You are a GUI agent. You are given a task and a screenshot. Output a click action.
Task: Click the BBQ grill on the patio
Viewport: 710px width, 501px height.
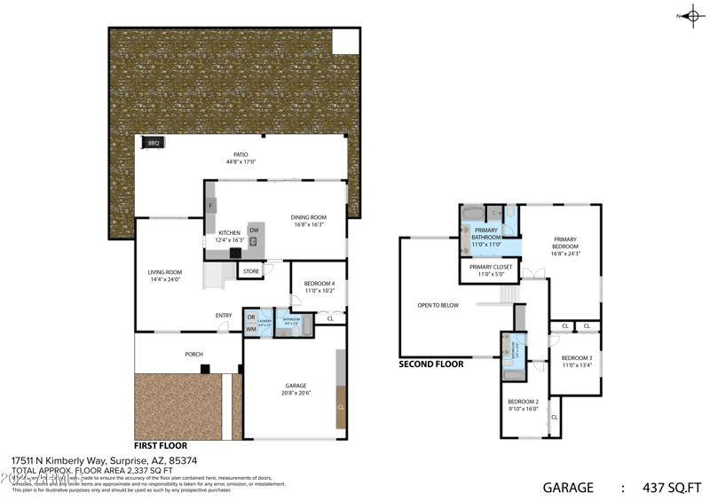click(154, 143)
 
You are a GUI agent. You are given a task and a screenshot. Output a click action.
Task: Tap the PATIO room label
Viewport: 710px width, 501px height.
click(241, 154)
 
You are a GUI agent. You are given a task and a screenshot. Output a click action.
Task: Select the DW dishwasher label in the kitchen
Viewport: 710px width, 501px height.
click(254, 231)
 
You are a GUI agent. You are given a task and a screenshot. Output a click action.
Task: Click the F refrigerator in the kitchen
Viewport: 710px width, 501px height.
click(210, 206)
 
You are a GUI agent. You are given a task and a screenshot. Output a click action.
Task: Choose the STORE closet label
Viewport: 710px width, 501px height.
click(251, 271)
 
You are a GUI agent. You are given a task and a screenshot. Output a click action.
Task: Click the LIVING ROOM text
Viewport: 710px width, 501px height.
click(165, 272)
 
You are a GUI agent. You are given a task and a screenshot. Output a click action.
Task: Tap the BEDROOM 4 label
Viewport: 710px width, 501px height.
click(319, 283)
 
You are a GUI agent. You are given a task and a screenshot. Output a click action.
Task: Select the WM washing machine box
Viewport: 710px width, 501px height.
click(251, 330)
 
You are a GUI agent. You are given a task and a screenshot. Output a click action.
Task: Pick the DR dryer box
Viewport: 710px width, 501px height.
click(251, 317)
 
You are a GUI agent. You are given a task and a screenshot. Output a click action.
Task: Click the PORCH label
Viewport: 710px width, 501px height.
click(193, 355)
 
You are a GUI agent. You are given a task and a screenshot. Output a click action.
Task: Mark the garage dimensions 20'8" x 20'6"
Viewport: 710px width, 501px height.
click(296, 393)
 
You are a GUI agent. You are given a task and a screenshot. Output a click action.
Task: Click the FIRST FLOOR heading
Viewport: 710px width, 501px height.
click(161, 446)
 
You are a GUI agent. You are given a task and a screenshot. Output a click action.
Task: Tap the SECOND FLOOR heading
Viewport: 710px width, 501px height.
click(431, 364)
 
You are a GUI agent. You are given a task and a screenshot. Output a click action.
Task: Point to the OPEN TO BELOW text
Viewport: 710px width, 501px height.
click(438, 305)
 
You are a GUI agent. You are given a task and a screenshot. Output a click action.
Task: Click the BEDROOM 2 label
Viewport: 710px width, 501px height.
click(524, 402)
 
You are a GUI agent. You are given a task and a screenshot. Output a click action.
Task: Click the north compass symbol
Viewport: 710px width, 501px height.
click(690, 15)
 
